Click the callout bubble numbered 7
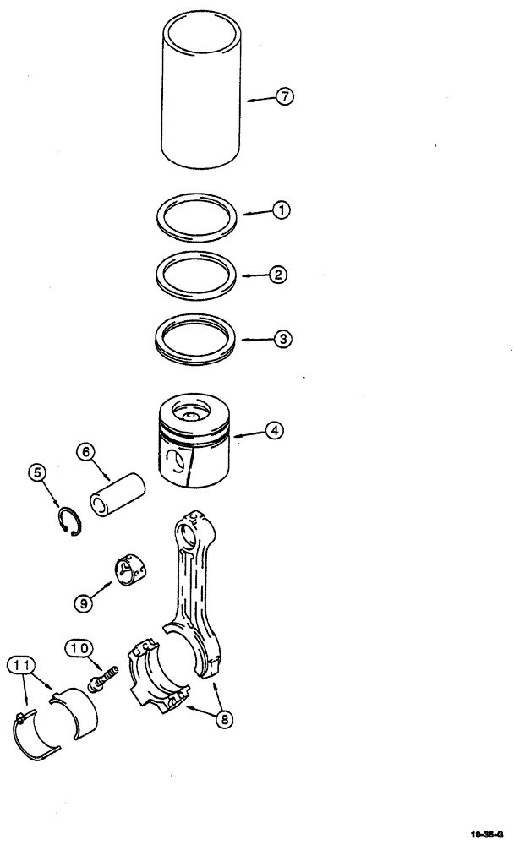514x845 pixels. pyautogui.click(x=285, y=98)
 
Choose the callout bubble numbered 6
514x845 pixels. pyautogui.click(x=85, y=452)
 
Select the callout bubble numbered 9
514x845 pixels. pyautogui.click(x=84, y=604)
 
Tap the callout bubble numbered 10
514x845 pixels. pyautogui.click(x=79, y=648)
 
